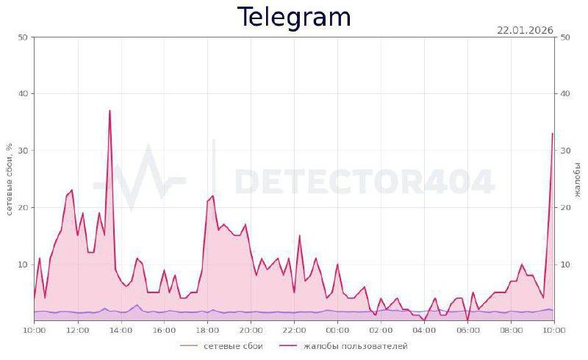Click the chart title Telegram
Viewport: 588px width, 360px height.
(x=294, y=17)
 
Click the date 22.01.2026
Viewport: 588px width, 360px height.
(x=525, y=30)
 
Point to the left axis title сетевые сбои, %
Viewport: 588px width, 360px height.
(x=10, y=179)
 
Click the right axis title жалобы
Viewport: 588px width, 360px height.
(x=578, y=179)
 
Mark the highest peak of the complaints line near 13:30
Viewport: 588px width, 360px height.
(x=110, y=111)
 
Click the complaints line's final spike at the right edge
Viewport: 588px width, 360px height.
(x=552, y=134)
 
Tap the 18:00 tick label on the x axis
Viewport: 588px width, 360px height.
(x=207, y=331)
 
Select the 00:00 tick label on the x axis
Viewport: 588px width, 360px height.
(x=337, y=331)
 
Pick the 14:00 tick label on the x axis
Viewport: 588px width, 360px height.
(x=121, y=331)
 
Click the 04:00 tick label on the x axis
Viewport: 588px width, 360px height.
(x=424, y=331)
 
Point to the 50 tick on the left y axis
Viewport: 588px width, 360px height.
(x=22, y=37)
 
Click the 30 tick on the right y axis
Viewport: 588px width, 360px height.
(x=565, y=151)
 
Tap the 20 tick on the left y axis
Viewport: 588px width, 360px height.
(x=22, y=207)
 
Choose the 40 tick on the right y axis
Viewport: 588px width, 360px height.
(x=565, y=93)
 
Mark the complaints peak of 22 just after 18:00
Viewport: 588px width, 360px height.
(x=212, y=196)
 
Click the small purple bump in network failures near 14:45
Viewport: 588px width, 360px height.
(x=137, y=305)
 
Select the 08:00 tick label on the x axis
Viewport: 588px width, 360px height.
(x=511, y=331)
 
